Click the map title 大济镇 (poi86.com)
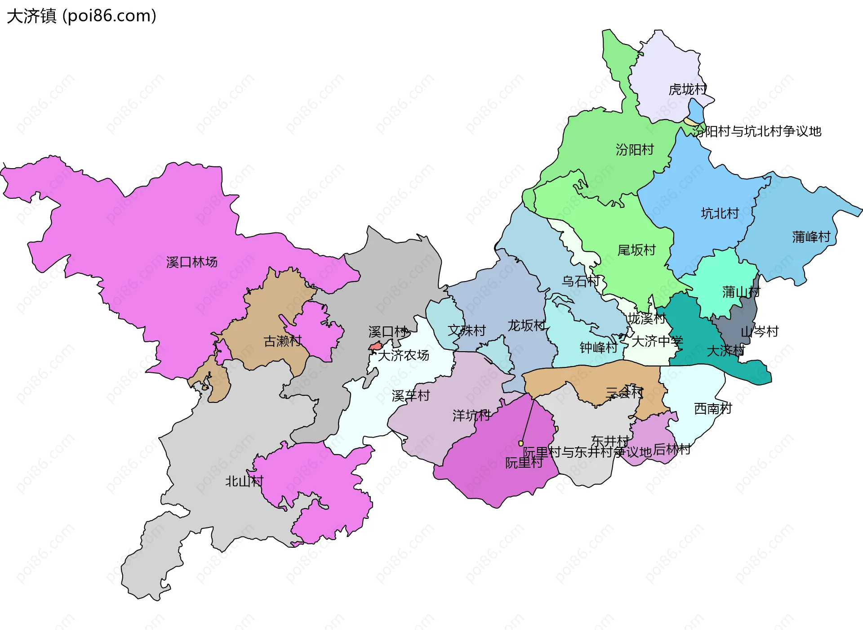(81, 16)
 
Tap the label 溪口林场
(191, 262)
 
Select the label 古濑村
(282, 341)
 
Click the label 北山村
(244, 481)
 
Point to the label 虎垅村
(688, 89)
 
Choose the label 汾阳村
(635, 149)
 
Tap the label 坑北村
(720, 213)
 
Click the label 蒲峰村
(811, 237)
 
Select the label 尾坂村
(636, 250)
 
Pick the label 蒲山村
(741, 292)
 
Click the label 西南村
(713, 408)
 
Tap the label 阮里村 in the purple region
(524, 463)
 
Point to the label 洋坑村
(471, 415)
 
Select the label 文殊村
(467, 331)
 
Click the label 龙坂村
(526, 325)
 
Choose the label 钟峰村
(598, 347)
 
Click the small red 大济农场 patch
(375, 346)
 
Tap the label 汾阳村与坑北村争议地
(756, 131)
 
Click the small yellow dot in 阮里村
(521, 443)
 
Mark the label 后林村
(672, 449)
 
